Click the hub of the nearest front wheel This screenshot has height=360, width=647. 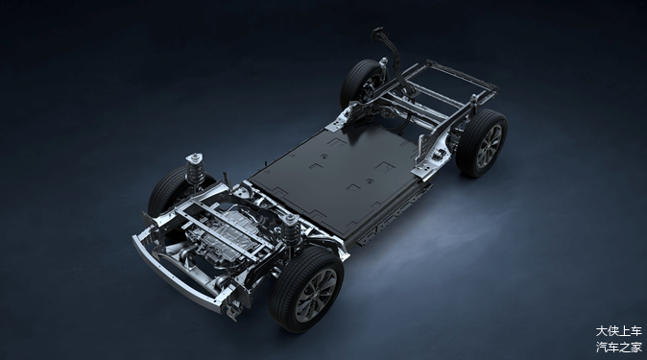[317, 294]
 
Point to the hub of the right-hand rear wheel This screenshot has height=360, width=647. [491, 145]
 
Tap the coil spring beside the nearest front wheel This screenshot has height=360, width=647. [291, 233]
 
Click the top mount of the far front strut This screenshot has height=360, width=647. [194, 157]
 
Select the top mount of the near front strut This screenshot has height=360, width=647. [291, 218]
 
